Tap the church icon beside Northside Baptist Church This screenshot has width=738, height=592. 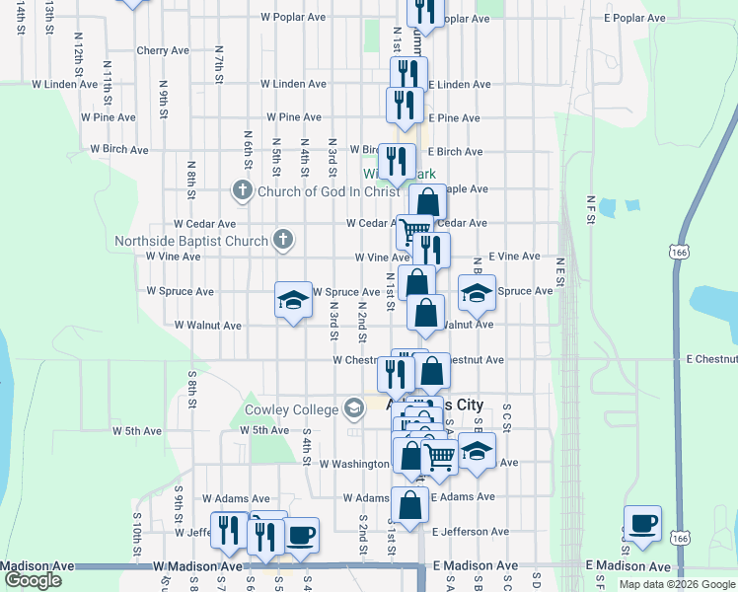[x=283, y=239]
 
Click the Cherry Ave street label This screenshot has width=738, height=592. [x=163, y=50]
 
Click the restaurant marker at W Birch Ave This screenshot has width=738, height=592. [x=397, y=162]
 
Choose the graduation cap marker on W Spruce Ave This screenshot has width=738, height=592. [x=292, y=300]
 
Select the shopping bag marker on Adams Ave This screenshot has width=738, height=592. [x=410, y=505]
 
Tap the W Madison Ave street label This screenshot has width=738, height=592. [x=198, y=566]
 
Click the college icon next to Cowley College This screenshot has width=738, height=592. [x=354, y=408]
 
